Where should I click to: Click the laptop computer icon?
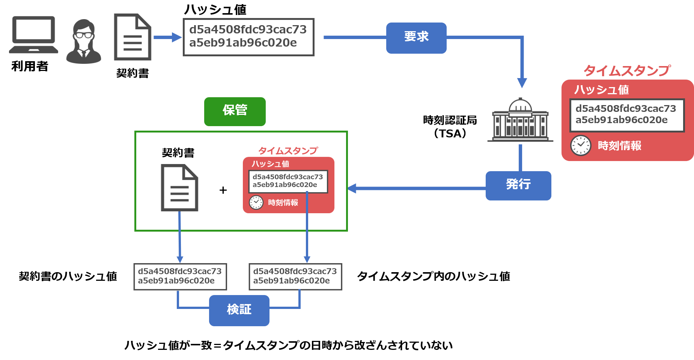pyautogui.click(x=33, y=35)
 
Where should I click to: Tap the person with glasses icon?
pyautogui.click(x=83, y=41)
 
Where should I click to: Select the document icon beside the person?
pyautogui.click(x=132, y=37)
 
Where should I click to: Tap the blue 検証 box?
pyautogui.click(x=239, y=310)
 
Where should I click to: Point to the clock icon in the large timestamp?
pyautogui.click(x=581, y=145)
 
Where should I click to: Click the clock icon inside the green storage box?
pyautogui.click(x=256, y=202)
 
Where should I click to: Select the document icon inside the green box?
pyautogui.click(x=179, y=187)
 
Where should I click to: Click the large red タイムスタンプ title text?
pyautogui.click(x=626, y=70)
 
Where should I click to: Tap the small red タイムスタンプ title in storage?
pyautogui.click(x=288, y=151)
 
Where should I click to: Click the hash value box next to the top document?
pyautogui.click(x=248, y=37)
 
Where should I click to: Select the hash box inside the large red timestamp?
pyautogui.click(x=627, y=115)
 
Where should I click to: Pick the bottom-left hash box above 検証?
pyautogui.click(x=180, y=276)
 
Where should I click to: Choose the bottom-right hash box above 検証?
pyautogui.click(x=295, y=276)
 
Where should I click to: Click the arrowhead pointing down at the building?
pyautogui.click(x=522, y=83)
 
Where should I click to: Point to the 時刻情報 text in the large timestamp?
pyautogui.click(x=619, y=146)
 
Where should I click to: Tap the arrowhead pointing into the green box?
pyautogui.click(x=352, y=188)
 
